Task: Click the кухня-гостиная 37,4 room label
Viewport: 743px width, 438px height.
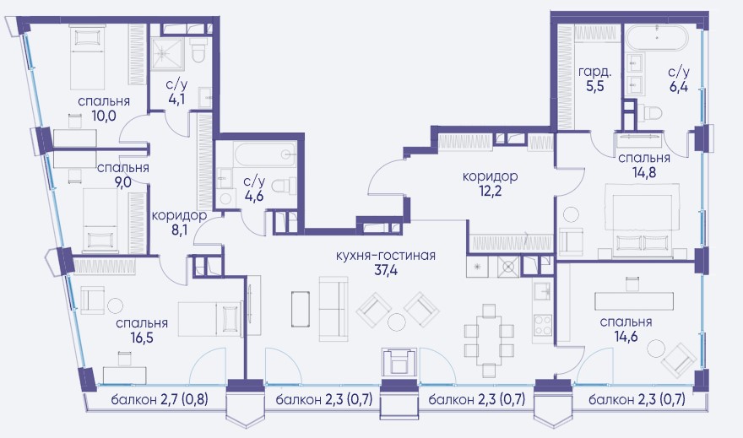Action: [x=385, y=263]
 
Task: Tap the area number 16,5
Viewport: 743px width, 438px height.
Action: [x=142, y=338]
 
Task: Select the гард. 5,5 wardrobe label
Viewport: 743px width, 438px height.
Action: [x=594, y=79]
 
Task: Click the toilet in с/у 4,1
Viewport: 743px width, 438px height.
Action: [x=198, y=50]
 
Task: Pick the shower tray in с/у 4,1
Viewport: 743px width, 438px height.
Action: [x=168, y=53]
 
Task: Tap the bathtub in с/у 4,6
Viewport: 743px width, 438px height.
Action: [x=265, y=154]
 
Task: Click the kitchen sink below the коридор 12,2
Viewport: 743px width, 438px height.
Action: [x=542, y=289]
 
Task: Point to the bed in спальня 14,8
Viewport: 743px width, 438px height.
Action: [x=642, y=221]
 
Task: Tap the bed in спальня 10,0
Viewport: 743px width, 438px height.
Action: [x=87, y=57]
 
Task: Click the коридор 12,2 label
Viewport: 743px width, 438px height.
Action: [x=490, y=183]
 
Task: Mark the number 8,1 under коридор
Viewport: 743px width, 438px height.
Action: [x=179, y=230]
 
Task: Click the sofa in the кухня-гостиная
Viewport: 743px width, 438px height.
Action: [x=334, y=309]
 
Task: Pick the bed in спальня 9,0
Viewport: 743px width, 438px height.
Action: [x=100, y=219]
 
